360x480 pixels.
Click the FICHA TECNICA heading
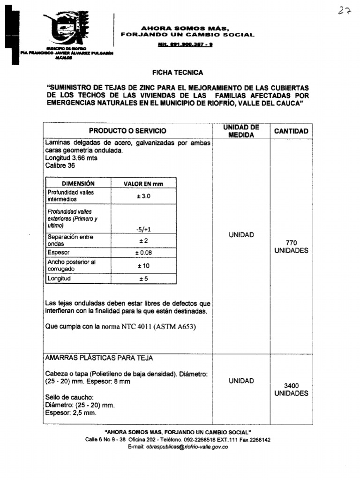tap(178, 73)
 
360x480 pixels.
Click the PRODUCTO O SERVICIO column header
tap(127, 131)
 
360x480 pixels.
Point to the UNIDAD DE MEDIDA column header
tap(241, 131)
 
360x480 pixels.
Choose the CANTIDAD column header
tap(291, 131)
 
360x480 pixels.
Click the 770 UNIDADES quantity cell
tap(291, 247)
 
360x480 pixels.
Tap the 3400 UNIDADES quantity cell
tap(291, 390)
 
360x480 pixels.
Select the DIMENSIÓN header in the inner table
tap(78, 184)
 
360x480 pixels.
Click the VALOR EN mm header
tap(143, 184)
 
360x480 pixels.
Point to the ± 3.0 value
tap(143, 196)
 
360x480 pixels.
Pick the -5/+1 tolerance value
tap(143, 229)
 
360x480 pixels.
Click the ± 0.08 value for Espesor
tap(143, 253)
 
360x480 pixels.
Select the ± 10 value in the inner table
tap(143, 266)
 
